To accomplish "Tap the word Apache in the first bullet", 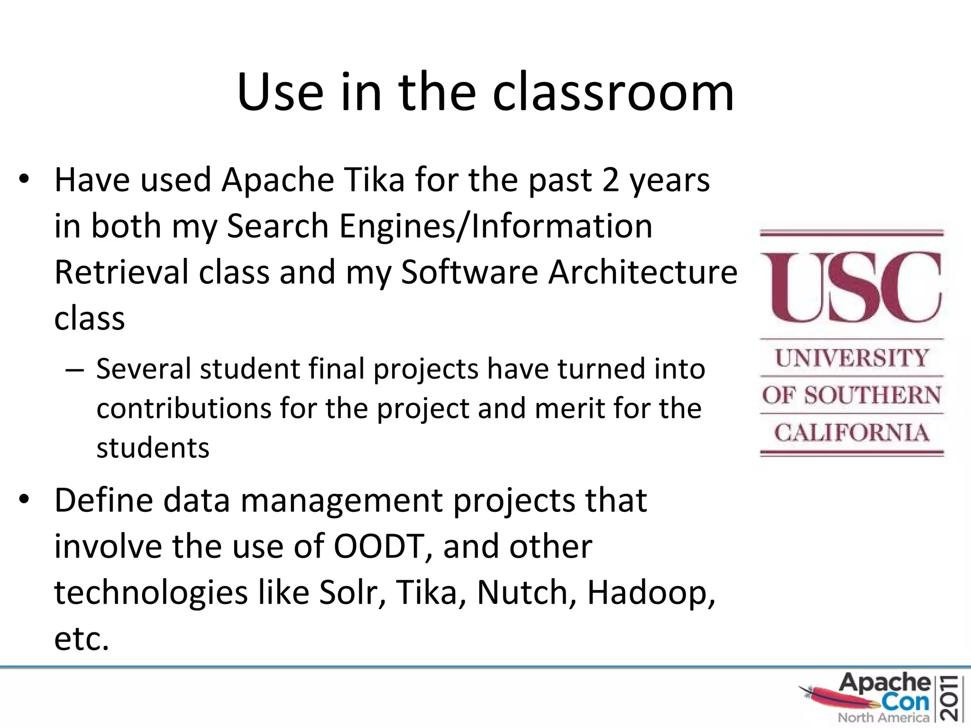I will (278, 180).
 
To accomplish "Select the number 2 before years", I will (611, 180).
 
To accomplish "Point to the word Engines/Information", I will (496, 226).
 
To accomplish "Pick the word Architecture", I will (642, 272).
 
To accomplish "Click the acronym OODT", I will (379, 546).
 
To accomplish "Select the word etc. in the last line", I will (82, 639).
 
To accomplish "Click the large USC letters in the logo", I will (852, 287).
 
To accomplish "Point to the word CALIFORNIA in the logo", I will (852, 433).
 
